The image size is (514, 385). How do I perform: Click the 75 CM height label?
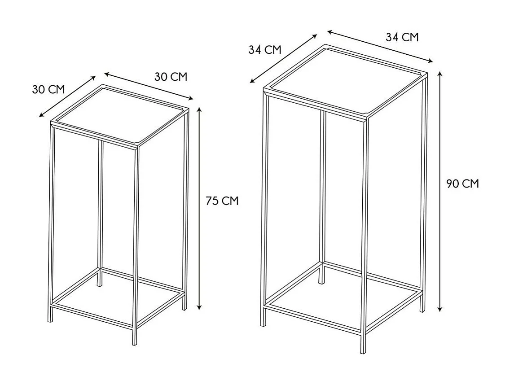click(222, 201)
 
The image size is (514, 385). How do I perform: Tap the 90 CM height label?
click(462, 184)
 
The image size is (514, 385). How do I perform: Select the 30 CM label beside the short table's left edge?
click(48, 89)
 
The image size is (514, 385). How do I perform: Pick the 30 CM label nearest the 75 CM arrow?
click(171, 77)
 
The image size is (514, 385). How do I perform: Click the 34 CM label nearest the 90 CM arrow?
click(402, 37)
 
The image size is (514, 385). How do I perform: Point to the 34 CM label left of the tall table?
click(265, 49)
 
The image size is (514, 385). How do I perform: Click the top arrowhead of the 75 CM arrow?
click(199, 109)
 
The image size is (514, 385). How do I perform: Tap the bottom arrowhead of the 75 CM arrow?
click(199, 306)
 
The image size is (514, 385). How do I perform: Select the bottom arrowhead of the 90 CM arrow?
click(440, 309)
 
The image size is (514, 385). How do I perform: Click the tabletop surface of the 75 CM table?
click(120, 115)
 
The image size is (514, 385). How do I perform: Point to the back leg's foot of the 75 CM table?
click(100, 284)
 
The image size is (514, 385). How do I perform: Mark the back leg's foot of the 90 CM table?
click(322, 281)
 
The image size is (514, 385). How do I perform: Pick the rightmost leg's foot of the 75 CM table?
click(185, 307)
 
